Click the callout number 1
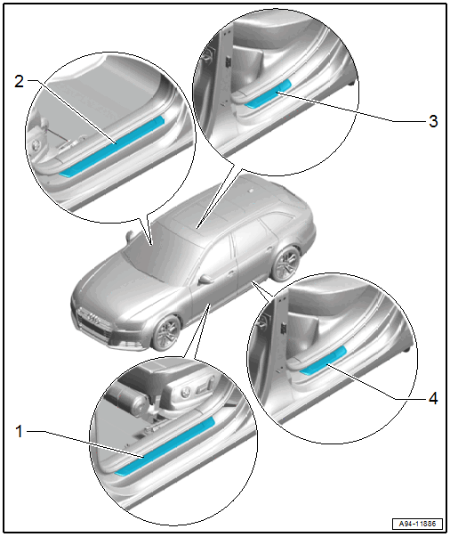(20, 432)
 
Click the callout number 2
(20, 82)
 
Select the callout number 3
(433, 121)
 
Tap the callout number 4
(433, 399)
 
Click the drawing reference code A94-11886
(417, 524)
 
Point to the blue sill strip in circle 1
(165, 446)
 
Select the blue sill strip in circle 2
(111, 146)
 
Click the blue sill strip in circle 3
(268, 94)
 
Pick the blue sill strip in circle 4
(323, 361)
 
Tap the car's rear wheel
(285, 263)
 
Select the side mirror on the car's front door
(205, 279)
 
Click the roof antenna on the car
(251, 190)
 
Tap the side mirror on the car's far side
(129, 236)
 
